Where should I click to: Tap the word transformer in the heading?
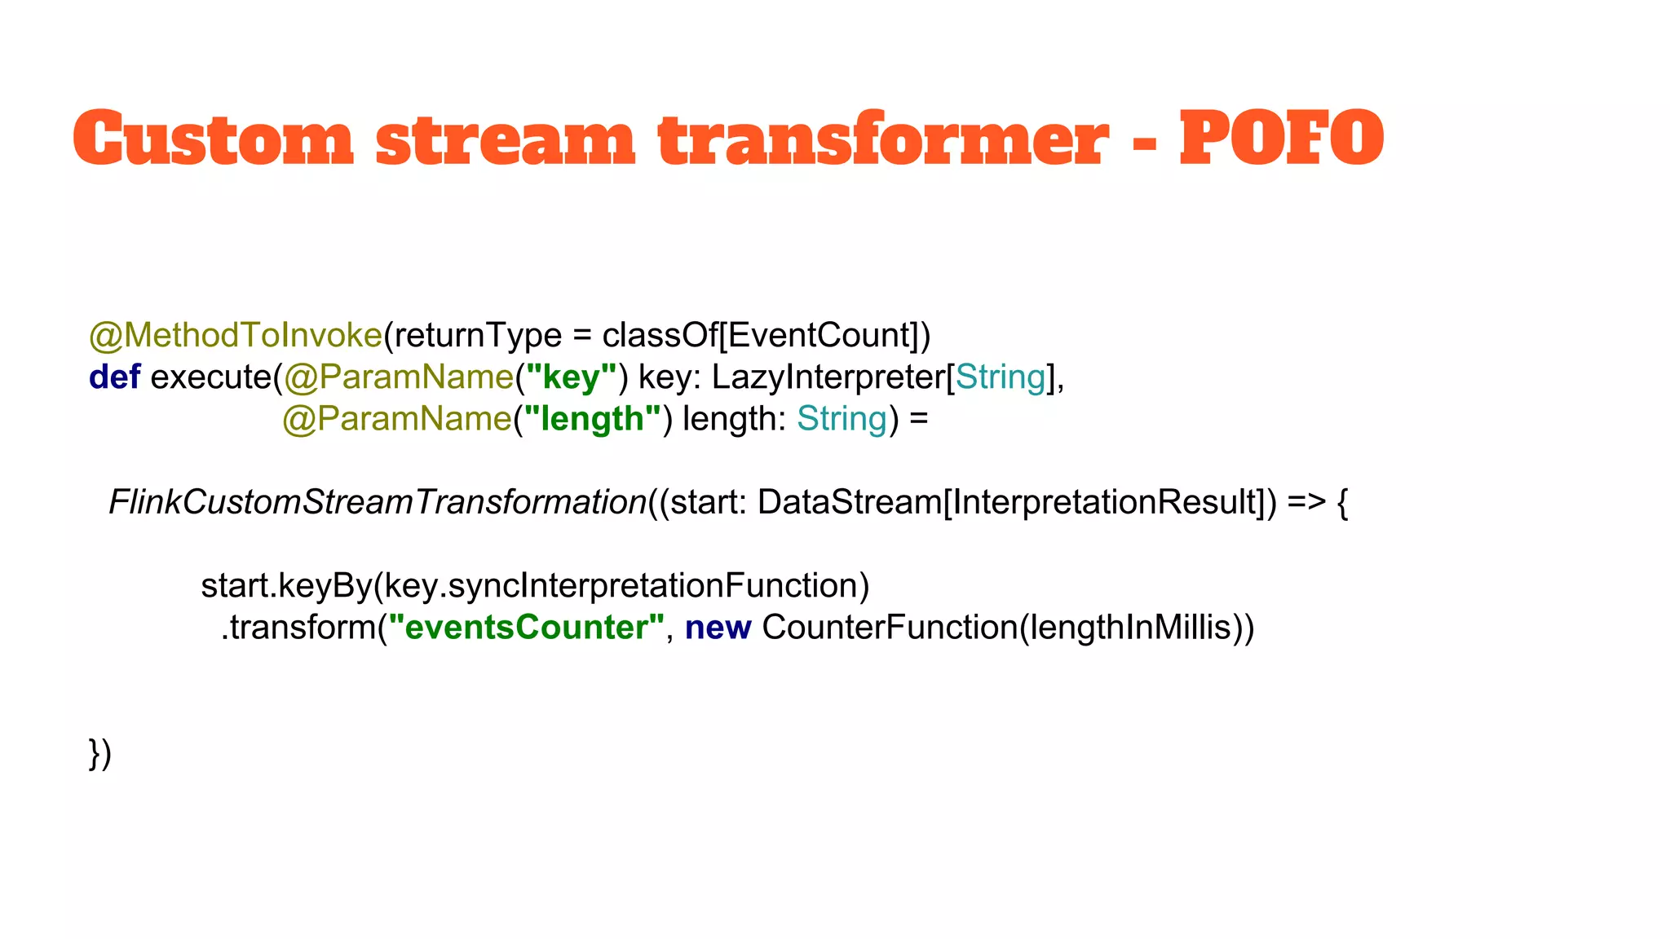click(x=883, y=139)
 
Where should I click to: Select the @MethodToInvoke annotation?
click(x=235, y=335)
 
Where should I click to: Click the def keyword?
click(x=114, y=377)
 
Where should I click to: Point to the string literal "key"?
click(x=571, y=377)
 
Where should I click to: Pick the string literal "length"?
click(x=592, y=419)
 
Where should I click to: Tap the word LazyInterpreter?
click(x=827, y=377)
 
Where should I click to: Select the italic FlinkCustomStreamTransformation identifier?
click(x=377, y=502)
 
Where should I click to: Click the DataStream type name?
click(x=849, y=502)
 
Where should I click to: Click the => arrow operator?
click(x=1306, y=502)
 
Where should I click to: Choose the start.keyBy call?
click(x=286, y=586)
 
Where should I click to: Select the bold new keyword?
click(x=718, y=628)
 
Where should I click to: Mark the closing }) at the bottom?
click(x=99, y=753)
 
